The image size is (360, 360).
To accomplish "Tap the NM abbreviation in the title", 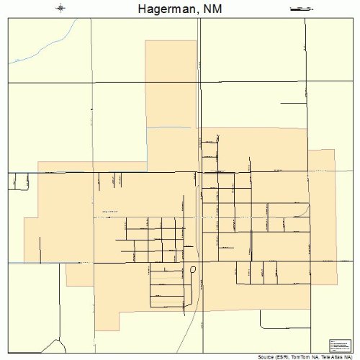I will [210, 9].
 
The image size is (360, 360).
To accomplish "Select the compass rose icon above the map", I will [60, 9].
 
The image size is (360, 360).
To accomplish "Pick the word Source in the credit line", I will [266, 356].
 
